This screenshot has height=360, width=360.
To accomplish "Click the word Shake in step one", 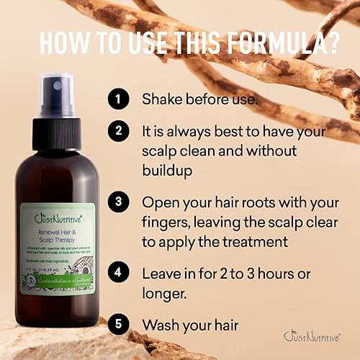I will tap(161, 99).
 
